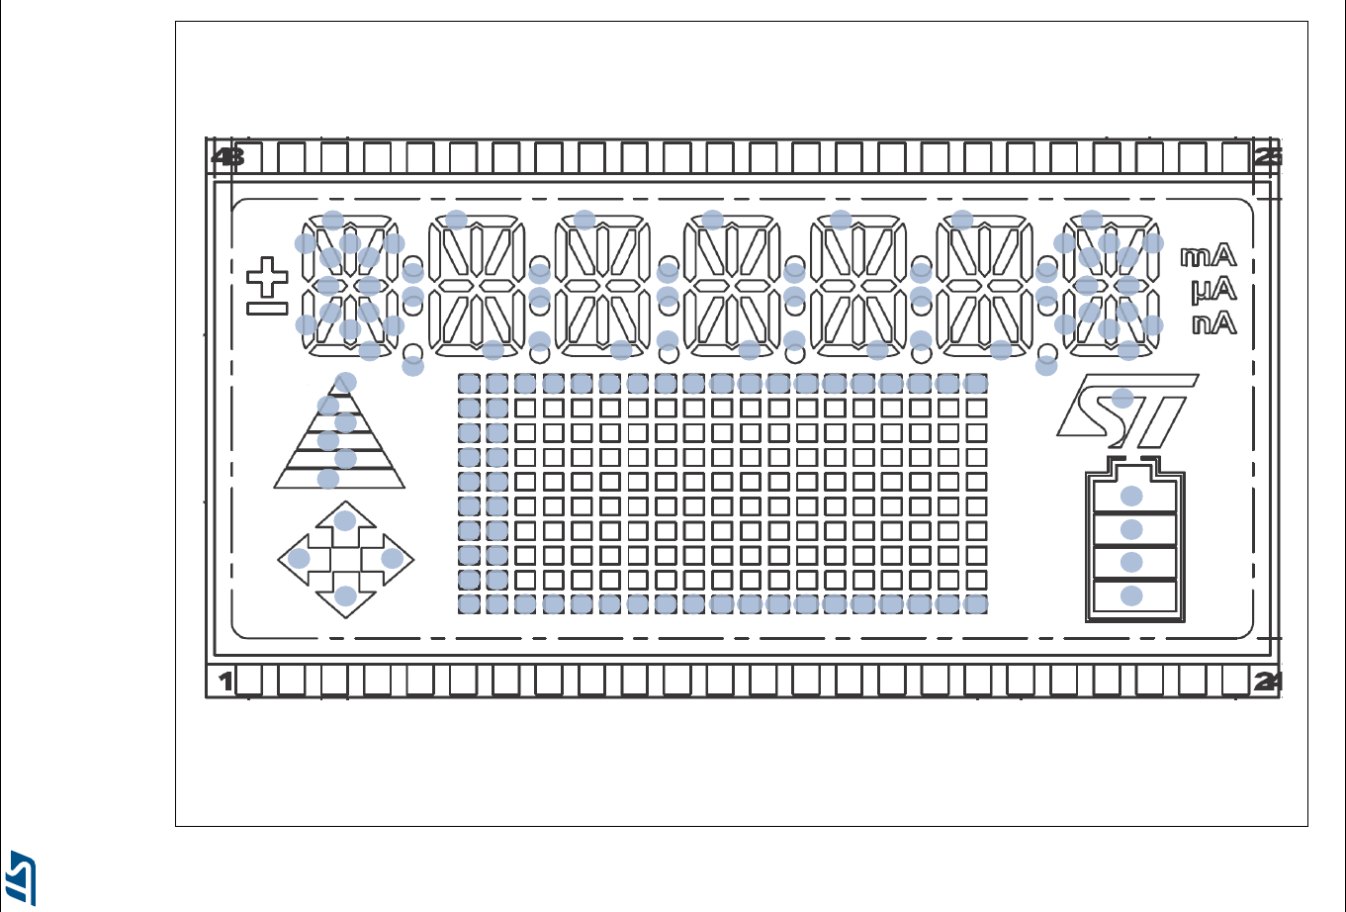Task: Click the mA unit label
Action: tap(1209, 257)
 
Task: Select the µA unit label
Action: tap(1209, 290)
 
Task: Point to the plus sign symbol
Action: tap(265, 278)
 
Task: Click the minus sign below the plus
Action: tap(265, 310)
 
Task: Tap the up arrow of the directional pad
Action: tap(345, 522)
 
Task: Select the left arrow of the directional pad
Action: tap(299, 559)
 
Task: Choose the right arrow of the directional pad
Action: tap(393, 559)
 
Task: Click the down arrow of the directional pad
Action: tap(345, 596)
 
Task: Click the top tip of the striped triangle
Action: tap(345, 382)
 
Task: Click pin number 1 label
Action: tap(225, 681)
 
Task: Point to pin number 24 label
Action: tap(1268, 681)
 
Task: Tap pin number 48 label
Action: tap(228, 156)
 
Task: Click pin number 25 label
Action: tap(1268, 156)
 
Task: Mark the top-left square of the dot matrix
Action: tap(469, 383)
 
